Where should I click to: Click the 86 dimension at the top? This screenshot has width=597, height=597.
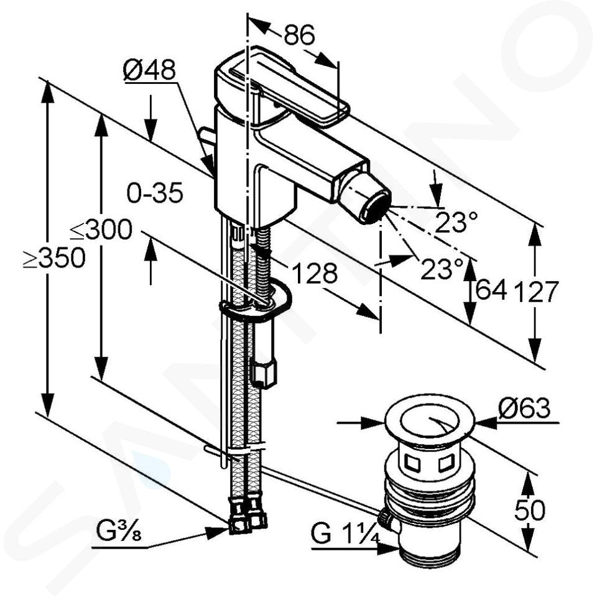(299, 35)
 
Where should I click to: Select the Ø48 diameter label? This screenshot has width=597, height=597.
(150, 70)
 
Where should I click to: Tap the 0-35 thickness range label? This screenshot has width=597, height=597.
(155, 193)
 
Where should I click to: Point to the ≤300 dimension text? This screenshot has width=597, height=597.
(101, 229)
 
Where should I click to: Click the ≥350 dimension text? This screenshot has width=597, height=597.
(54, 257)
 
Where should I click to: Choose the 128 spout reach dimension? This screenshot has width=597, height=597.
(315, 273)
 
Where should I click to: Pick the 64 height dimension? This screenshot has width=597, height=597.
(491, 290)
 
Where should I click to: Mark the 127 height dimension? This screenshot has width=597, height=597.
(536, 292)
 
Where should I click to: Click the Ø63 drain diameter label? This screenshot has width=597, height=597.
(524, 408)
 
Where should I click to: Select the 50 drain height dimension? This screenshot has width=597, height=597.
(530, 510)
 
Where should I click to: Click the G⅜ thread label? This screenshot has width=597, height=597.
(119, 532)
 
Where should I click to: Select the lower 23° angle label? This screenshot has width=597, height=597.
(442, 269)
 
